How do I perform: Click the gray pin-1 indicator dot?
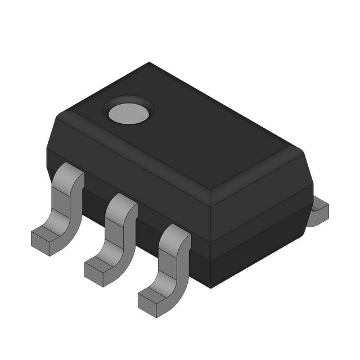128,114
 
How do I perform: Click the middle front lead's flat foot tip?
96,272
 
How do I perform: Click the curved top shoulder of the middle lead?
123,203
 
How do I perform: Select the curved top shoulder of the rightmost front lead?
176,234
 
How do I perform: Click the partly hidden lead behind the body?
318,213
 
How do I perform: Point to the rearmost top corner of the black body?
150,63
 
